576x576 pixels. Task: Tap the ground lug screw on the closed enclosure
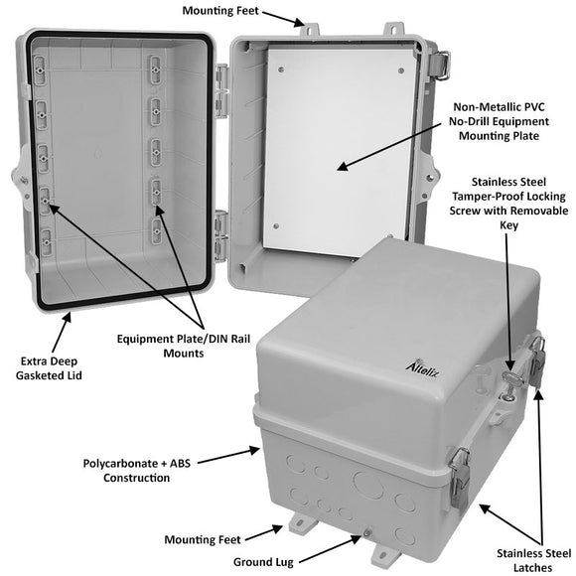coord(367,533)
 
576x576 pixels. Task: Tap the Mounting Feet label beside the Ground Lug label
coord(202,539)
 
